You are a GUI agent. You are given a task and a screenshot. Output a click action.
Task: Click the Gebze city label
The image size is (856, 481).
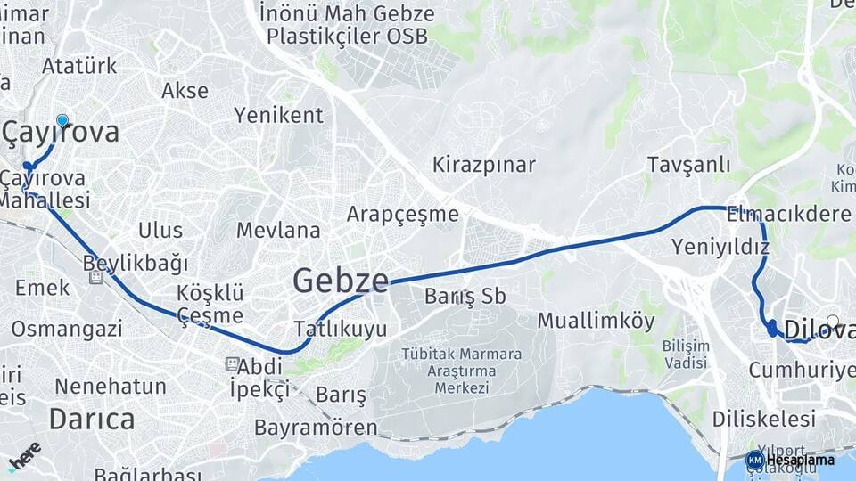(341, 281)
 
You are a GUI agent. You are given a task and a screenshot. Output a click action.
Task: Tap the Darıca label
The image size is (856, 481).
(92, 419)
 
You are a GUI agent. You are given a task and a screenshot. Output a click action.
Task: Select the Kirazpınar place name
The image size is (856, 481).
(483, 165)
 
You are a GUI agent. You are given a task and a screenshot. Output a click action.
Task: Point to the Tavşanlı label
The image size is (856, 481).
(688, 165)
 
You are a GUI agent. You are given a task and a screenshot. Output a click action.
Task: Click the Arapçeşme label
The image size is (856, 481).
(402, 214)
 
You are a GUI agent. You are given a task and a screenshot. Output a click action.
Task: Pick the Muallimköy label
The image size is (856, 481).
(596, 322)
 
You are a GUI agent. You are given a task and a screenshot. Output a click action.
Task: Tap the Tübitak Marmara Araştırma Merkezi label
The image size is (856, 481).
(462, 371)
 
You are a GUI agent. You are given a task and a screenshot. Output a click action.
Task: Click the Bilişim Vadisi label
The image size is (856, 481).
(685, 355)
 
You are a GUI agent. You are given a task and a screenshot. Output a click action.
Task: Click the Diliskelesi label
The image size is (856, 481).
(764, 419)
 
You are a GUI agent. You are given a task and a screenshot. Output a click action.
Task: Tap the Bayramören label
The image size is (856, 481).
(316, 428)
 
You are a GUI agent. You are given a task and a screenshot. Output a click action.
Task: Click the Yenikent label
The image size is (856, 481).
(278, 115)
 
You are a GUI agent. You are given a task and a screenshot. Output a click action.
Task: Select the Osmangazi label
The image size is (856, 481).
(67, 329)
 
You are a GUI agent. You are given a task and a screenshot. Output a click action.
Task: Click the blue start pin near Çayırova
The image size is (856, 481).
(62, 121)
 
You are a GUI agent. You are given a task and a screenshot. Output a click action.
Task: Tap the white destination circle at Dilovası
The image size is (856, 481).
(833, 322)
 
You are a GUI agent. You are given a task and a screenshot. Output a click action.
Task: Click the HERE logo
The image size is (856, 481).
(24, 454)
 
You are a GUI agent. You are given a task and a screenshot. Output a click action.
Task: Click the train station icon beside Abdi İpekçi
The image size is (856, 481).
(232, 364)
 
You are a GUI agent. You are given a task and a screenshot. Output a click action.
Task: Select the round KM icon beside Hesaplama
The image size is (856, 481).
(754, 460)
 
